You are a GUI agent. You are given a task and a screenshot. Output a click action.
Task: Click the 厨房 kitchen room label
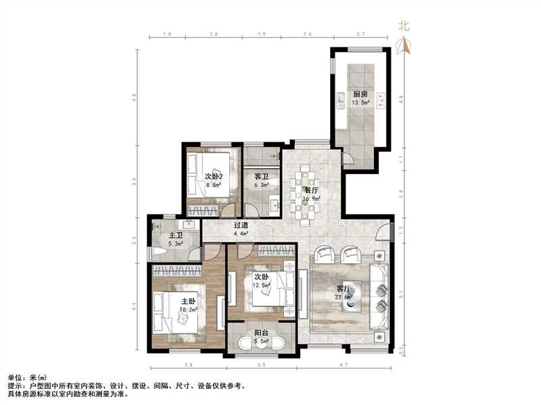[x=360, y=94]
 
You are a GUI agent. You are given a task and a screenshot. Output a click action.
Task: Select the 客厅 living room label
[x=343, y=289]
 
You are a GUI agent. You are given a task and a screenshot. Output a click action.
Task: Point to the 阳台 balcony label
[x=260, y=333]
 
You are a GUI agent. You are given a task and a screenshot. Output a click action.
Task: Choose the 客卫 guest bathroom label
[x=261, y=176]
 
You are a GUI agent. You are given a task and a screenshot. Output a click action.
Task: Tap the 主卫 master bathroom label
[x=175, y=236]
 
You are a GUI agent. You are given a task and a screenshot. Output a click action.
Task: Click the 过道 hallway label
[x=241, y=226]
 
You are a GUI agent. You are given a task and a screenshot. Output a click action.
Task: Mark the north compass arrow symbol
[x=404, y=46]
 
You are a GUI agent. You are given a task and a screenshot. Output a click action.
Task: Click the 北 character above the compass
[x=404, y=28]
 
